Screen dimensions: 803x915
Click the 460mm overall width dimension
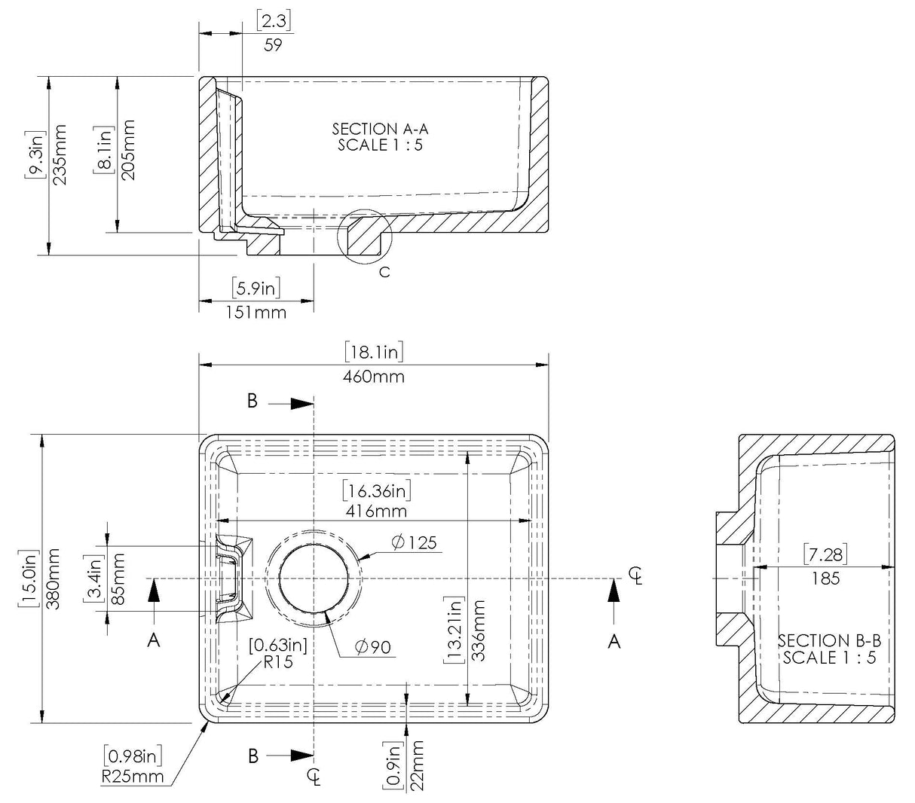coord(374,375)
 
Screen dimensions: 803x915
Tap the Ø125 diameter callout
coord(414,542)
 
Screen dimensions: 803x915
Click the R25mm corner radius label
coord(133,775)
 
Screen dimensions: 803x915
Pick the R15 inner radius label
coord(277,663)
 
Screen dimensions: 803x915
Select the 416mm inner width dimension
coord(377,511)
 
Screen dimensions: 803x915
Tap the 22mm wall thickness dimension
coord(416,765)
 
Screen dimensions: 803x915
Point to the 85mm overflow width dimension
coord(118,579)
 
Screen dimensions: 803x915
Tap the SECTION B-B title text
coord(829,641)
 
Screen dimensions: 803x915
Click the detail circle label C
coord(384,272)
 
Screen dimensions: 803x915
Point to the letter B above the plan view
coord(252,401)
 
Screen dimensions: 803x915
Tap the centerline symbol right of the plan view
coord(638,576)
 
